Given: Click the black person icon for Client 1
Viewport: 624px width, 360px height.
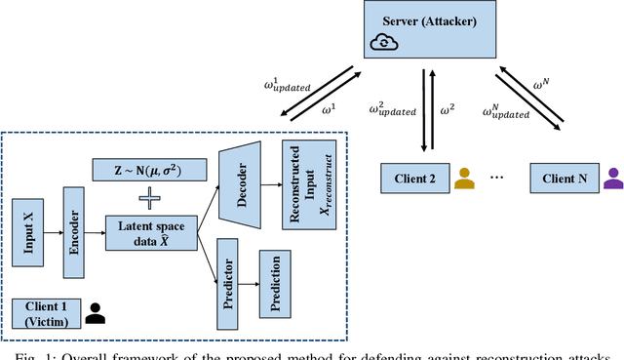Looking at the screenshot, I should [x=96, y=313].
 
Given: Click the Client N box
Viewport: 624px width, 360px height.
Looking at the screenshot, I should [x=563, y=180].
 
